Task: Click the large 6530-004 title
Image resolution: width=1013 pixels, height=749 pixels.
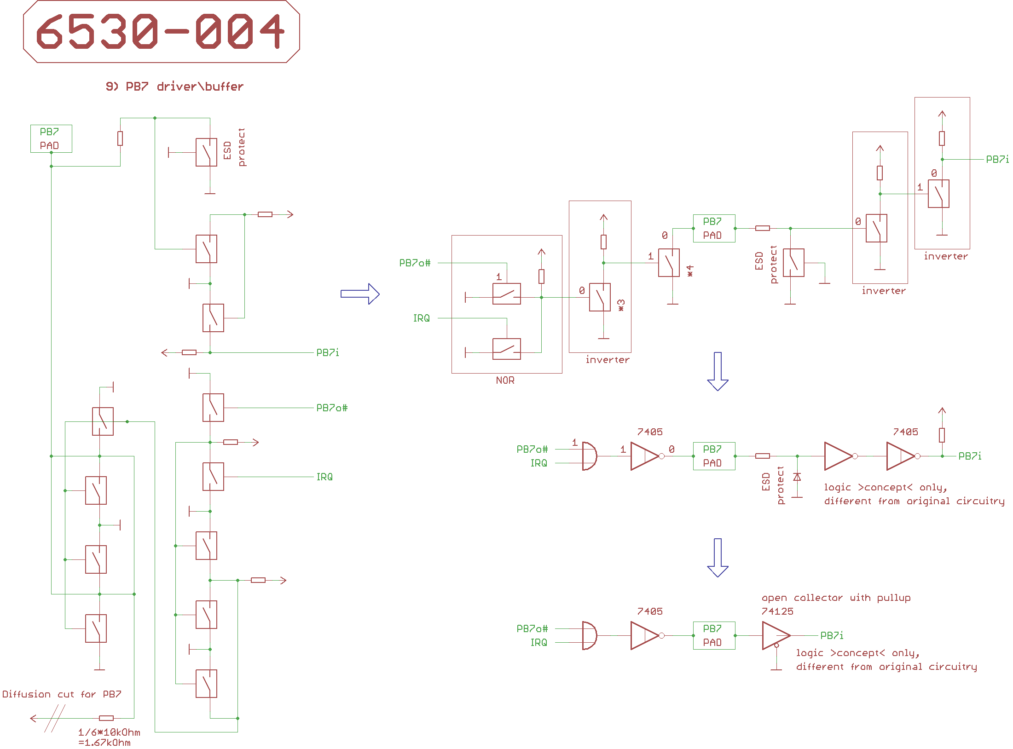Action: coord(161,31)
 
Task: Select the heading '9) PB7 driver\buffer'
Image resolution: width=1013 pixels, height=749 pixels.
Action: coord(174,86)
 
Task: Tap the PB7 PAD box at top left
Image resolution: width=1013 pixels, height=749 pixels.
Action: coord(51,138)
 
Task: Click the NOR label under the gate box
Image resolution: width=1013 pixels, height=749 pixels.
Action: coord(505,380)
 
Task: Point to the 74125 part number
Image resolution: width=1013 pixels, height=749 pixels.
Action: coord(777,611)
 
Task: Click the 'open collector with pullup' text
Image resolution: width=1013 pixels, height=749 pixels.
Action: coord(836,598)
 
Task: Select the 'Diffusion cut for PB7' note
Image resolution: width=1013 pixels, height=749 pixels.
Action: coord(62,694)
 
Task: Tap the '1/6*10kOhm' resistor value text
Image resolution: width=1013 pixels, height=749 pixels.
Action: coord(109,732)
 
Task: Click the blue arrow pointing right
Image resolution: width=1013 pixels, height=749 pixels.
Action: coord(359,294)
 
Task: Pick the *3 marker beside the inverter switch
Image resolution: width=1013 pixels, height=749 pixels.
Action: coord(621,305)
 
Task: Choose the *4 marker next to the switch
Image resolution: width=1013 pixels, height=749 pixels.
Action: coord(690,271)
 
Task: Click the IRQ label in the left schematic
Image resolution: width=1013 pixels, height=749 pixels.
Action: coord(324,477)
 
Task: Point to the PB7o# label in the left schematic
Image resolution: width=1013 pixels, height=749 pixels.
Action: coord(332,408)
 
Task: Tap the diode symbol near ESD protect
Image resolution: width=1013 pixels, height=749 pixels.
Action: coord(797,477)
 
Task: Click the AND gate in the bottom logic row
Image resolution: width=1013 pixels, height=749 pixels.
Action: coord(589,635)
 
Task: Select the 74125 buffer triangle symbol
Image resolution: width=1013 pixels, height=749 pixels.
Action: coord(775,635)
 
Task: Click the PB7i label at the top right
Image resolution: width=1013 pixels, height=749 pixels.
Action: coord(997,159)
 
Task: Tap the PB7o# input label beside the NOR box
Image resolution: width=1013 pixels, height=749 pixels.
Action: coord(415,263)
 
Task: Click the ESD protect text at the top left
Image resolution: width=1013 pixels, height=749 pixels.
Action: coord(234,147)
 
